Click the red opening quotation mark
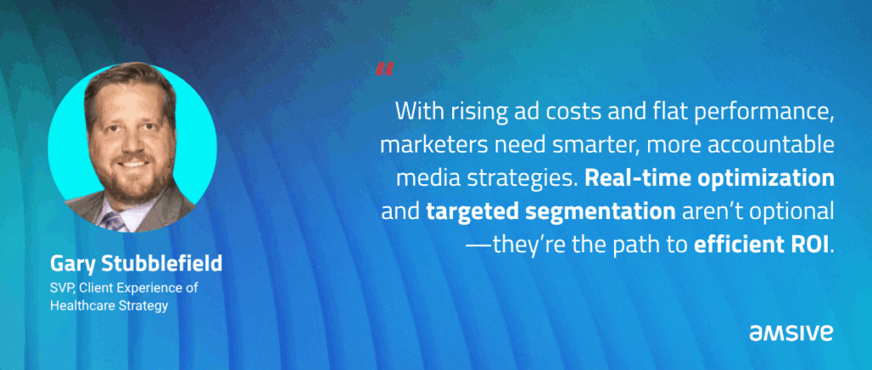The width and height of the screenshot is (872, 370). (384, 69)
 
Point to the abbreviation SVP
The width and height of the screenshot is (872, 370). (61, 288)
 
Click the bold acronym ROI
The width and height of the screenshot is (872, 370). (811, 246)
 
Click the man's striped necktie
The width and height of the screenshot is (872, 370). (115, 222)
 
